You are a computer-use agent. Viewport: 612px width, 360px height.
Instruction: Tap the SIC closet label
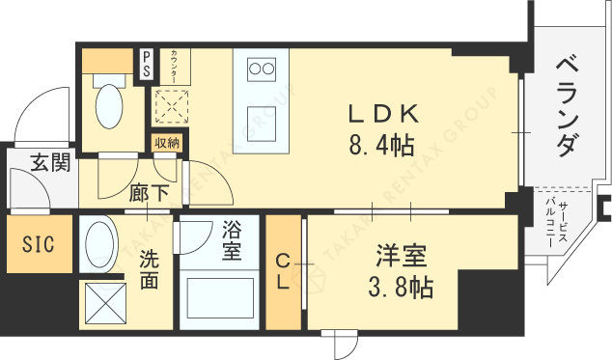[x=39, y=241]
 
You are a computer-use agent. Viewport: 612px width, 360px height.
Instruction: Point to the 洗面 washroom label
[x=149, y=269]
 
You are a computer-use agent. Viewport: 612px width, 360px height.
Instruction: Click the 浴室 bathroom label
[x=232, y=240]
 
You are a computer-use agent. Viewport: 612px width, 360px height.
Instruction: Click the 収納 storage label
[x=166, y=143]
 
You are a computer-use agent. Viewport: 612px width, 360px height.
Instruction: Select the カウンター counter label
[x=172, y=67]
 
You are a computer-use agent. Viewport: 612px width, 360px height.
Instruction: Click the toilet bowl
[x=109, y=106]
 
